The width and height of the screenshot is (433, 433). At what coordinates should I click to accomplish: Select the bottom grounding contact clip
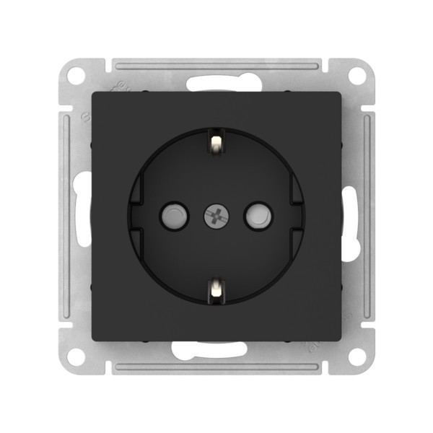point(216,289)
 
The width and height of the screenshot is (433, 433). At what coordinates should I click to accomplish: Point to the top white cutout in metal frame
point(216,81)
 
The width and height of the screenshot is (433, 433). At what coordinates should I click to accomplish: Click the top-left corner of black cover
point(92,92)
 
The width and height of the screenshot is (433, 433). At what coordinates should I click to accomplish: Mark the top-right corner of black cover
point(341,92)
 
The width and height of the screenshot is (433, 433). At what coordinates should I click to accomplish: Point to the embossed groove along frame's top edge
point(216,67)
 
